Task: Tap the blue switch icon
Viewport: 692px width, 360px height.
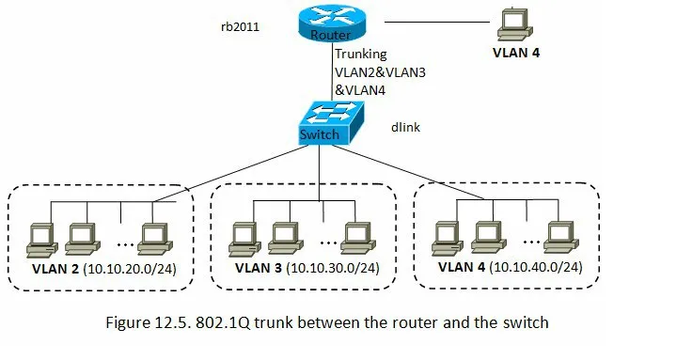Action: [332, 123]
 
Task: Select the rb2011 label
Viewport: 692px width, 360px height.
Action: [240, 26]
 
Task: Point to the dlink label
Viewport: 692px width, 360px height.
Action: [405, 127]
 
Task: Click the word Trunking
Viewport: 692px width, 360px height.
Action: [360, 55]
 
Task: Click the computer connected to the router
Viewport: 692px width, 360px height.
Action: [515, 24]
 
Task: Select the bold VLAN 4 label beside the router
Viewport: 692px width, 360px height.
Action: [516, 53]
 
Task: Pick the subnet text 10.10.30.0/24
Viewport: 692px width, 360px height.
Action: [333, 268]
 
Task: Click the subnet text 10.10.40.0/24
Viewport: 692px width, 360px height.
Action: [536, 267]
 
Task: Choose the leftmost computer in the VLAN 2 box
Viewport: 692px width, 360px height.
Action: [42, 241]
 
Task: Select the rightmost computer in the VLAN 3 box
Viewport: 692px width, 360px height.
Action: [358, 239]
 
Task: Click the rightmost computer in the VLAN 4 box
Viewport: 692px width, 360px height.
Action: [561, 238]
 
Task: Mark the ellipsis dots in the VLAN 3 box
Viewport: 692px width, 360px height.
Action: [328, 243]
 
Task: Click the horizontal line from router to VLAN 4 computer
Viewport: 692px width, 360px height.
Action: [437, 22]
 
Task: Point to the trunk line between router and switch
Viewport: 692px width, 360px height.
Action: [332, 71]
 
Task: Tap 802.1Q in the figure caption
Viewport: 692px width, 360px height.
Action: [223, 322]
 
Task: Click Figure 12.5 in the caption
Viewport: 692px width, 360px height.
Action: [148, 323]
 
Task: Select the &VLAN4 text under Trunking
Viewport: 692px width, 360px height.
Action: [360, 90]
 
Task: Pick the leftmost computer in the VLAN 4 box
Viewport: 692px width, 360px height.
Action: [448, 239]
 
